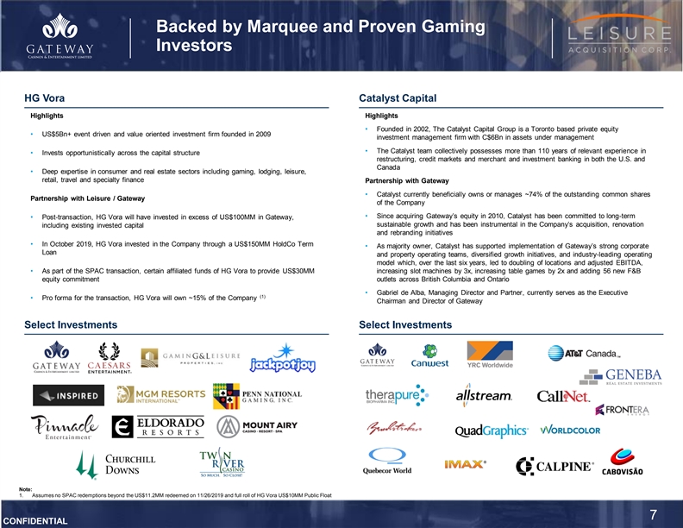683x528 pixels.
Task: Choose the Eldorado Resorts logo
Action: pyautogui.click(x=156, y=428)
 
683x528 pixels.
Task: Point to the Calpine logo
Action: pyautogui.click(x=555, y=467)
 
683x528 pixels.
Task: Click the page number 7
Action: pyautogui.click(x=654, y=515)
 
